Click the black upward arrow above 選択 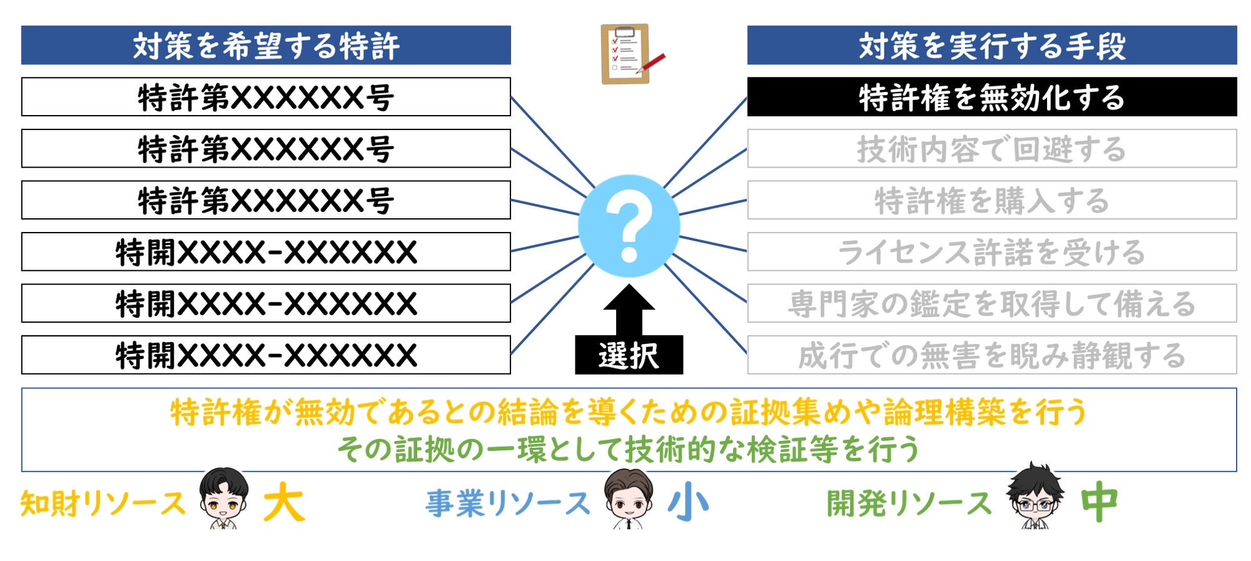pyautogui.click(x=629, y=310)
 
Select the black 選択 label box pyautogui.click(x=629, y=355)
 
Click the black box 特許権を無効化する pyautogui.click(x=992, y=97)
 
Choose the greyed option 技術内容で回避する pyautogui.click(x=992, y=149)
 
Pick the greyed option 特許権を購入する pyautogui.click(x=992, y=200)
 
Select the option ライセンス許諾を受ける pyautogui.click(x=992, y=252)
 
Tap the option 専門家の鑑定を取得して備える pyautogui.click(x=992, y=303)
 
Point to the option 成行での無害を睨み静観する pyautogui.click(x=992, y=355)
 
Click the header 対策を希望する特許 pyautogui.click(x=266, y=45)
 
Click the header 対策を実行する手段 pyautogui.click(x=992, y=45)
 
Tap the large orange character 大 pyautogui.click(x=285, y=502)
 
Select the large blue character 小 pyautogui.click(x=689, y=502)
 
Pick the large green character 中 pyautogui.click(x=1100, y=502)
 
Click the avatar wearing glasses pyautogui.click(x=1035, y=497)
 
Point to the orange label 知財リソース pyautogui.click(x=103, y=503)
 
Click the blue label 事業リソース pyautogui.click(x=508, y=503)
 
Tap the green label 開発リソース pyautogui.click(x=909, y=503)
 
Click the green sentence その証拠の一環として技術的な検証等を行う pyautogui.click(x=629, y=450)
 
